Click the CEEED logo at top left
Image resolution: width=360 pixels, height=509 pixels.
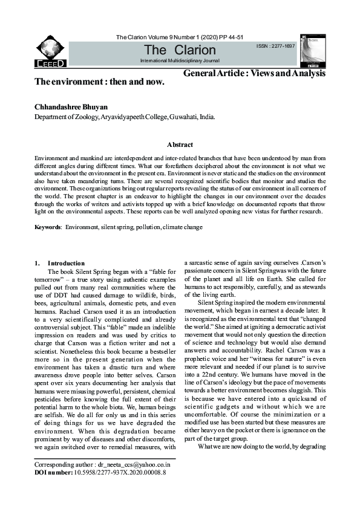click(51, 50)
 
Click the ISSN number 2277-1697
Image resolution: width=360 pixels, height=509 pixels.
click(275, 46)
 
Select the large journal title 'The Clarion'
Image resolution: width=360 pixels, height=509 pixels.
click(179, 50)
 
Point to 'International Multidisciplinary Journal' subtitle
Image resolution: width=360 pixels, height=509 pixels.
click(180, 62)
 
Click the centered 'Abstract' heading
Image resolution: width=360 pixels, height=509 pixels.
click(180, 144)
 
